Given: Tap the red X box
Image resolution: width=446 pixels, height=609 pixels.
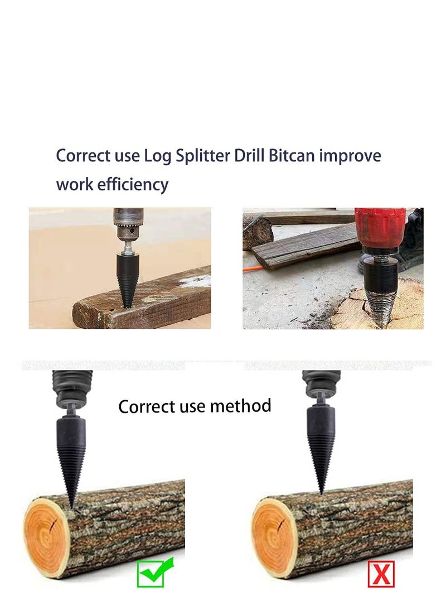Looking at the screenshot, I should pos(381,573).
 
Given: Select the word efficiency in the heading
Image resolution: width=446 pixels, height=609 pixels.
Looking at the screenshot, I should pos(133,184).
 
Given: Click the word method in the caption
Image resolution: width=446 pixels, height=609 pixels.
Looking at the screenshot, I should pos(244,405).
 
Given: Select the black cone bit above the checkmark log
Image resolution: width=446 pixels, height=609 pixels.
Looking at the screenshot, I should pos(71,447).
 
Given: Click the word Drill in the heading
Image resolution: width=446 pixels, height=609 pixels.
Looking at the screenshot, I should pos(249,156).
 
